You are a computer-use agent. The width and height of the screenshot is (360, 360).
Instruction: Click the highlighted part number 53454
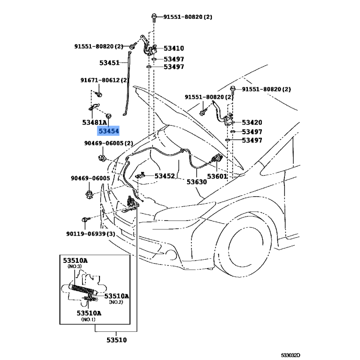[109, 131]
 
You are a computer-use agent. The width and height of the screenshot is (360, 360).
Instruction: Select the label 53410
[173, 48]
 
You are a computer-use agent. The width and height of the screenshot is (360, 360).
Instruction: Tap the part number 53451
[109, 63]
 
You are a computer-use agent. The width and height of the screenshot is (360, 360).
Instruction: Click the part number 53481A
[94, 122]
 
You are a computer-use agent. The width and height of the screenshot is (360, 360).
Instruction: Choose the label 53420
[252, 122]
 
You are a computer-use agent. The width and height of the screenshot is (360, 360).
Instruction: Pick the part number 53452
[165, 176]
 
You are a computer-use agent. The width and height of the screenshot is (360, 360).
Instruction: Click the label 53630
[197, 182]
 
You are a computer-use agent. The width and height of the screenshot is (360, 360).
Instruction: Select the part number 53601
[218, 176]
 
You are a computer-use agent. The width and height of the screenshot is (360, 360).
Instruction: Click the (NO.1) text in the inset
[88, 319]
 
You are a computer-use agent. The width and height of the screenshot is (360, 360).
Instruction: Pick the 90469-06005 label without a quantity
[90, 178]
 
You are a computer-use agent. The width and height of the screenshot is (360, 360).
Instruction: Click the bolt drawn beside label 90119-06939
[85, 220]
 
